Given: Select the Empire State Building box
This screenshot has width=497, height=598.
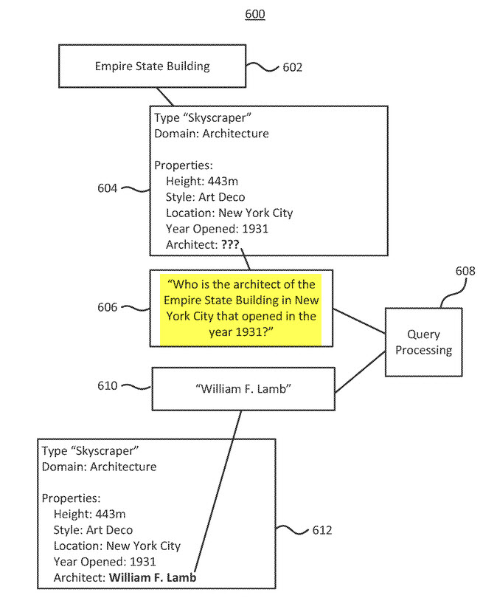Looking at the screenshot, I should click(152, 66).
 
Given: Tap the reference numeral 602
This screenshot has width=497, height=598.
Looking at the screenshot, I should click(292, 67).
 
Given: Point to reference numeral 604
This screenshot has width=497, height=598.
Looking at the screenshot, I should click(107, 188).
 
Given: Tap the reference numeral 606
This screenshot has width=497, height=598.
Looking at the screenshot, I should click(107, 307).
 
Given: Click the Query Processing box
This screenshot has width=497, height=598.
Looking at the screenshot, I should click(423, 343).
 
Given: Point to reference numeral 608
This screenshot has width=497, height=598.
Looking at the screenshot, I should click(465, 271).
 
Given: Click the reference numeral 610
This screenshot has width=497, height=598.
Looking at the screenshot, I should click(107, 385).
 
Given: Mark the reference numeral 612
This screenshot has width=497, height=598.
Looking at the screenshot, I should click(322, 530).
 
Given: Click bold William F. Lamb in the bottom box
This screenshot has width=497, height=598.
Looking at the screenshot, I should click(153, 578).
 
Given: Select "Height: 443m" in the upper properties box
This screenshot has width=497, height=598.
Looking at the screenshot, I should click(202, 181).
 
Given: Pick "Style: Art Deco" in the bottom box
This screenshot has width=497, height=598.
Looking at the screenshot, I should click(93, 530).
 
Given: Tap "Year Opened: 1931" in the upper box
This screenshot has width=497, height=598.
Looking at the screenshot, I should click(217, 229).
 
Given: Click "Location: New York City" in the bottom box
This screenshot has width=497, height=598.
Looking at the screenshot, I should click(117, 546).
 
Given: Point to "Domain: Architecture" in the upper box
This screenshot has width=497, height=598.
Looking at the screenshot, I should click(211, 134).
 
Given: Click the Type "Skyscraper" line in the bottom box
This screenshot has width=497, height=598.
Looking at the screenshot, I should click(91, 450).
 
